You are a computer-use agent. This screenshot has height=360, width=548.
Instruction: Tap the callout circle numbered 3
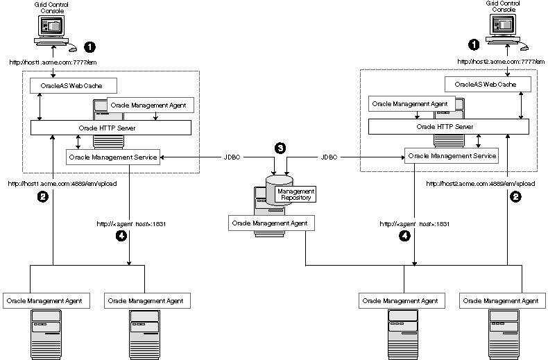coord(280,148)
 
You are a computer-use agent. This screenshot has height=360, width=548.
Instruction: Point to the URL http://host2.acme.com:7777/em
coord(497,61)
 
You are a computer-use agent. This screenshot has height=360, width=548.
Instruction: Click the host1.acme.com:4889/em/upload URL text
coord(62,184)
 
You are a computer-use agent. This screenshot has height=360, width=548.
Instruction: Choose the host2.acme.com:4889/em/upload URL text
coord(475,184)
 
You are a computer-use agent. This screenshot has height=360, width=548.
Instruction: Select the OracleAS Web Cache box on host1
coord(73,86)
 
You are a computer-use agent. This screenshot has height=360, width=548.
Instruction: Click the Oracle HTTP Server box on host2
coord(445,127)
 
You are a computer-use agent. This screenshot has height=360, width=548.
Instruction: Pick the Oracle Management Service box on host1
coord(113,157)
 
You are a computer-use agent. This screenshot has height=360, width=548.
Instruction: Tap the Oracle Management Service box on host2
coord(452,156)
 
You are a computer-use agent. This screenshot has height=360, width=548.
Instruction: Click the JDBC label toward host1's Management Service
coord(233,157)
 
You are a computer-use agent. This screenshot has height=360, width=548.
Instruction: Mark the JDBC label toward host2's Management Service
coord(329,157)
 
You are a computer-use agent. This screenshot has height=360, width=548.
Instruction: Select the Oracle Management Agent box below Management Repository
coord(271,223)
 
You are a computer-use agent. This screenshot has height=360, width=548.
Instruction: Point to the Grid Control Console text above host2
coord(500,7)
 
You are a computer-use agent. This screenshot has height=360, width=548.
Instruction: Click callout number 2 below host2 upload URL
coord(515,197)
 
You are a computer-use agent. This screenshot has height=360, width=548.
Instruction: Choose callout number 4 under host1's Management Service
coord(122,236)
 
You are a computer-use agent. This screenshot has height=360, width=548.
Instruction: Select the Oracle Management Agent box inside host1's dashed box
coord(150,105)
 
